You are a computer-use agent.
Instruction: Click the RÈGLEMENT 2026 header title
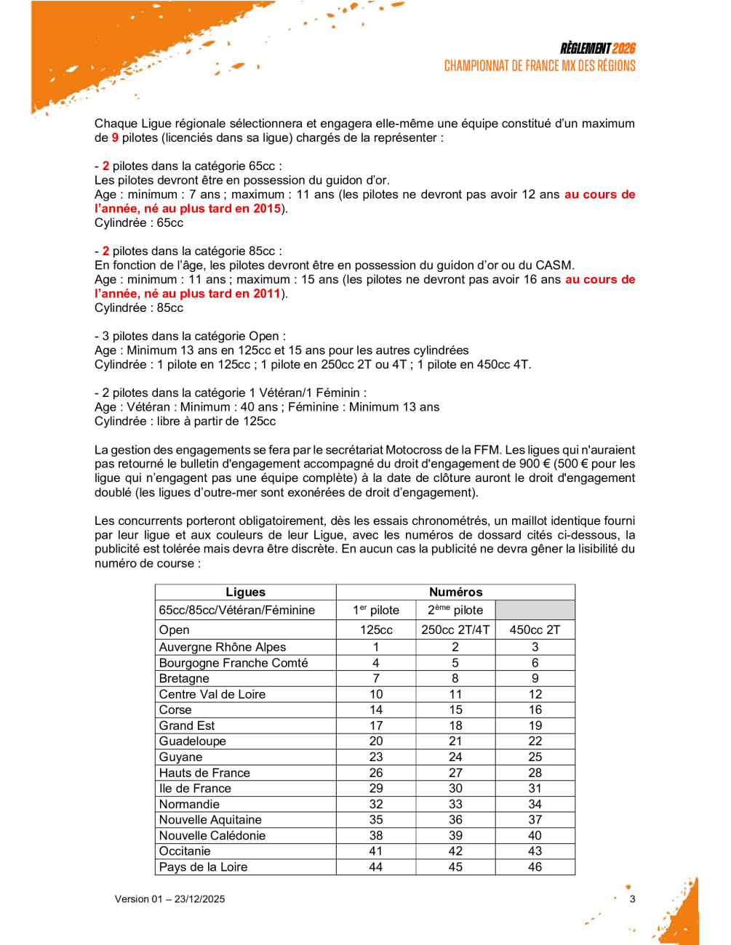[x=597, y=49]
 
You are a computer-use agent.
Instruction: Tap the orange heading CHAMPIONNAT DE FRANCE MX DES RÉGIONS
[x=540, y=66]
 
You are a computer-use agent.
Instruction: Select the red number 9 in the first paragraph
[x=115, y=138]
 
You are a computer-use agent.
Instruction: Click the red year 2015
[x=267, y=209]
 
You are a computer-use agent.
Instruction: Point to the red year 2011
[x=267, y=294]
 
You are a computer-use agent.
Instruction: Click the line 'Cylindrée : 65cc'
[x=139, y=223]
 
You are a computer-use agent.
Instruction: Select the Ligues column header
[x=246, y=592]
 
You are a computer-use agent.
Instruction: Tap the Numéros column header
[x=455, y=592]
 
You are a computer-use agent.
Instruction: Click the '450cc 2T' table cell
[x=535, y=630]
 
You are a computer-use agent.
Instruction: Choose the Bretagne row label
[x=184, y=679]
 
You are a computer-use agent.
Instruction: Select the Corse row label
[x=175, y=710]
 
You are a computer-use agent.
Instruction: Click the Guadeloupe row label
[x=193, y=741]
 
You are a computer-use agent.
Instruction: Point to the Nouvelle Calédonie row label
[x=212, y=836]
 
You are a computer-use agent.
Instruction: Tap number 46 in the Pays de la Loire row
[x=535, y=867]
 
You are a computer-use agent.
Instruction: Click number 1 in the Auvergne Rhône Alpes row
[x=376, y=647]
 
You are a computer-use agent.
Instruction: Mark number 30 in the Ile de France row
[x=455, y=789]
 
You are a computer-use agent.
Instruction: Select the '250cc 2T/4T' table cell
[x=455, y=630]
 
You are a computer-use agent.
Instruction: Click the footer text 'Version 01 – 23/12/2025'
[x=169, y=899]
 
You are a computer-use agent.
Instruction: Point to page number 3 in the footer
[x=632, y=899]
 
